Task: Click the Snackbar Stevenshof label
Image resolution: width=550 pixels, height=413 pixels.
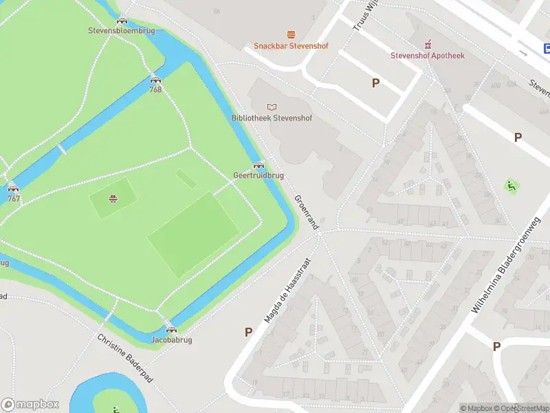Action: pyautogui.click(x=291, y=46)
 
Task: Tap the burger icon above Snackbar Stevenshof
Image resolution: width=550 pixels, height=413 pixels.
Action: pyautogui.click(x=291, y=34)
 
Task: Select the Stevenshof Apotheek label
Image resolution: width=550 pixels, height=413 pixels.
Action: pyautogui.click(x=428, y=56)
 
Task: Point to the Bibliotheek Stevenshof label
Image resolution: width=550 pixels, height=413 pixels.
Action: pyautogui.click(x=272, y=118)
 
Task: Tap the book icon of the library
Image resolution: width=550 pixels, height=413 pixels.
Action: pyautogui.click(x=272, y=106)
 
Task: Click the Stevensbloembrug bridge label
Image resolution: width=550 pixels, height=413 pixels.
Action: pyautogui.click(x=122, y=31)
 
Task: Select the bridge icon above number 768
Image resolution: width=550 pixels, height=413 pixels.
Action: pyautogui.click(x=155, y=79)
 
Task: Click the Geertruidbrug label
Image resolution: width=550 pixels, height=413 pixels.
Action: pyautogui.click(x=258, y=176)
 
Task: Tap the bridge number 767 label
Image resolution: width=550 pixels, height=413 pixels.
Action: pyautogui.click(x=13, y=198)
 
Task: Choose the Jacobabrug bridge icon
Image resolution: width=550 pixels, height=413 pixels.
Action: pyautogui.click(x=171, y=330)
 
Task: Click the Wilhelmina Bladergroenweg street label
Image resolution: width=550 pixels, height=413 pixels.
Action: pyautogui.click(x=506, y=264)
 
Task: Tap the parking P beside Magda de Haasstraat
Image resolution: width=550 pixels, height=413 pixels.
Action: pyautogui.click(x=248, y=332)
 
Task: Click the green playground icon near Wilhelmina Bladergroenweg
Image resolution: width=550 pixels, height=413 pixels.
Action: pyautogui.click(x=511, y=186)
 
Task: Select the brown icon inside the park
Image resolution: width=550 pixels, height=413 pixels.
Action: pyautogui.click(x=113, y=200)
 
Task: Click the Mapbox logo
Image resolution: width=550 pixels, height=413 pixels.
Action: pyautogui.click(x=30, y=405)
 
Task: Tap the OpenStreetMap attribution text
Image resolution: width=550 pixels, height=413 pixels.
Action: pyautogui.click(x=522, y=408)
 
